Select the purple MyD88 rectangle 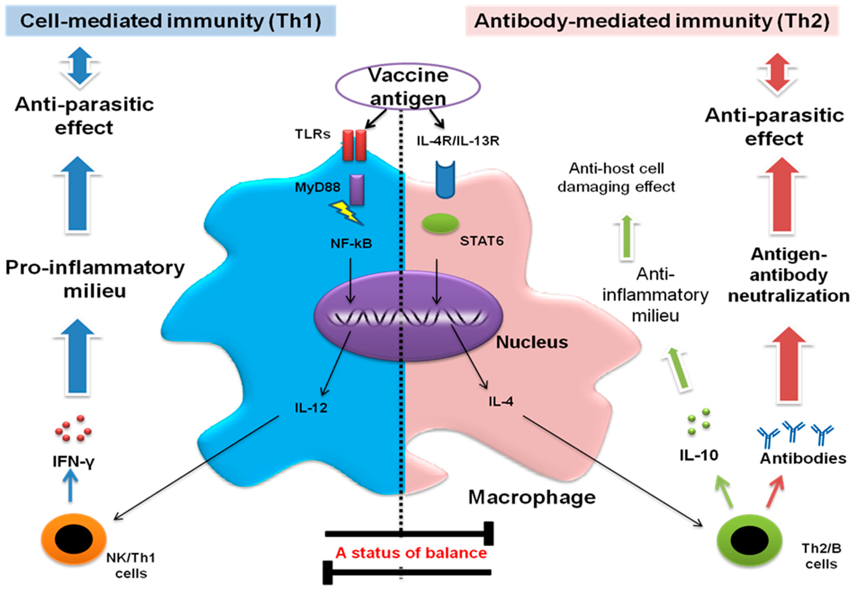click(x=357, y=190)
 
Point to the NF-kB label click(x=351, y=243)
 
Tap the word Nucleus click(x=531, y=342)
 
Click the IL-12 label click(x=311, y=408)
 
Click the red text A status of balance click(x=411, y=553)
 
